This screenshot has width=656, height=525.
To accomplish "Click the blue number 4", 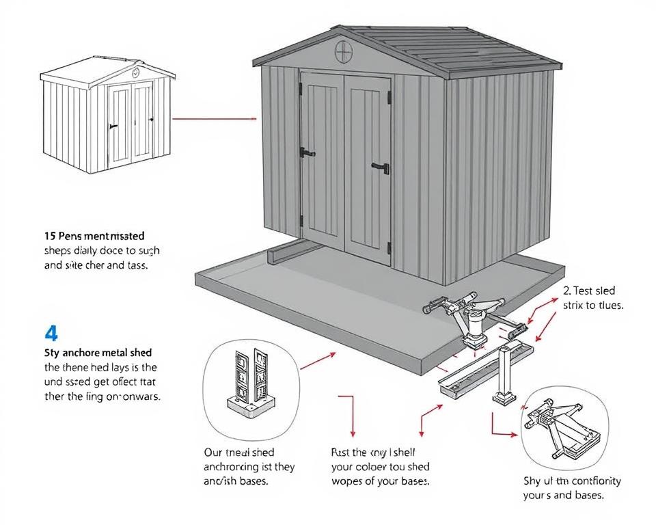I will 51,333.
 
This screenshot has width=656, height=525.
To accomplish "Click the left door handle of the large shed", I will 307,152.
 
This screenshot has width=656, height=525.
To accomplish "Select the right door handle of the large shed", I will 381,166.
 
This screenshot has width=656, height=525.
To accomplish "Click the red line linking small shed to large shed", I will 215,118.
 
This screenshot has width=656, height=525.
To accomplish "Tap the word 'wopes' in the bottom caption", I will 348,481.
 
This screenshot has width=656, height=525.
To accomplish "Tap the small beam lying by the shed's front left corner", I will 283,254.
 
